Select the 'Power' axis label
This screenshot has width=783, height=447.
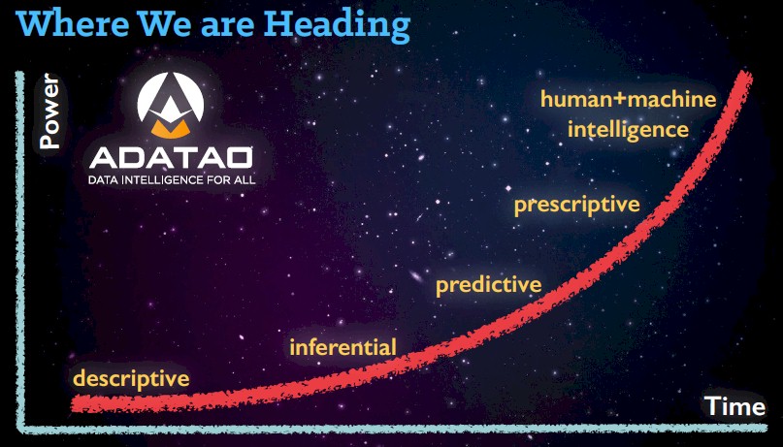click(x=49, y=112)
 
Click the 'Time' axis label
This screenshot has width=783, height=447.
click(x=734, y=406)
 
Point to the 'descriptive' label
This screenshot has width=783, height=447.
click(x=131, y=379)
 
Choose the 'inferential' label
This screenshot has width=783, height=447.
click(x=343, y=347)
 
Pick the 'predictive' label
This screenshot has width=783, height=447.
click(x=489, y=285)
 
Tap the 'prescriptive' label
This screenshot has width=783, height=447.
click(x=577, y=205)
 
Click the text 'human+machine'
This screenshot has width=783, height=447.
click(x=628, y=99)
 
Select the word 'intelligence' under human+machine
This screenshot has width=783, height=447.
click(x=628, y=130)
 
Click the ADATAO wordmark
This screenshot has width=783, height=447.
click(x=171, y=157)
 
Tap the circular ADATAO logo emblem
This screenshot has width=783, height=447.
click(x=171, y=106)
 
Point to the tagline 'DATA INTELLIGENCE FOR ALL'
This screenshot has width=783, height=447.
click(x=172, y=179)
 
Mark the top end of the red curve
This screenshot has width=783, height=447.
click(x=746, y=75)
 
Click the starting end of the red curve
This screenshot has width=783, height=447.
click(x=75, y=403)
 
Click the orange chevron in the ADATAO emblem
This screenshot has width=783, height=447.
click(x=171, y=128)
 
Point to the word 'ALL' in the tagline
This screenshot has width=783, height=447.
click(x=245, y=179)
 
